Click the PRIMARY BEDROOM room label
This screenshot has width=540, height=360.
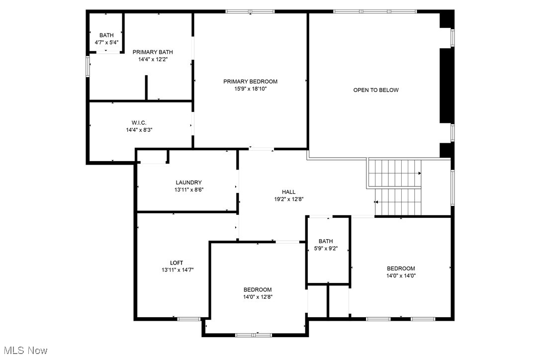250,82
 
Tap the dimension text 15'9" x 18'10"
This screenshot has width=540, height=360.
250,89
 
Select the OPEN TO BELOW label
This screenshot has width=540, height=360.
376,90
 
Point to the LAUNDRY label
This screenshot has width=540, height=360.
188,182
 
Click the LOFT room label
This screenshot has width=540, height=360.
177,263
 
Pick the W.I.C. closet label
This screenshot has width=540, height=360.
139,123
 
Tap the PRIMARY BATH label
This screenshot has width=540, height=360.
153,52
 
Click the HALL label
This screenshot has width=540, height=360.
288,192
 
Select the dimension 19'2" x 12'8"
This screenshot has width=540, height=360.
288,199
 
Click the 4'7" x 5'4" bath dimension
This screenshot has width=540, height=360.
106,42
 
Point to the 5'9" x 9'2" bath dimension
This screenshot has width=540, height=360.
326,249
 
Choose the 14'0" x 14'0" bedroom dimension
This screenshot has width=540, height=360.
401,275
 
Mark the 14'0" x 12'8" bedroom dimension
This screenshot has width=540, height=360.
258,297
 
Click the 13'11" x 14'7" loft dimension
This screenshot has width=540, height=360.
177,270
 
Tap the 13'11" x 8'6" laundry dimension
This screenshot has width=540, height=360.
188,189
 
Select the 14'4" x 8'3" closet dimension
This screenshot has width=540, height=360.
139,130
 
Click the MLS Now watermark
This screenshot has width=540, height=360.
24,351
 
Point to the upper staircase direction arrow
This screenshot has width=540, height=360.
420,173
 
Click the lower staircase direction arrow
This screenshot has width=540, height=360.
376,202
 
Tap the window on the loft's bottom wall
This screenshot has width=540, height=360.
189,318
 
